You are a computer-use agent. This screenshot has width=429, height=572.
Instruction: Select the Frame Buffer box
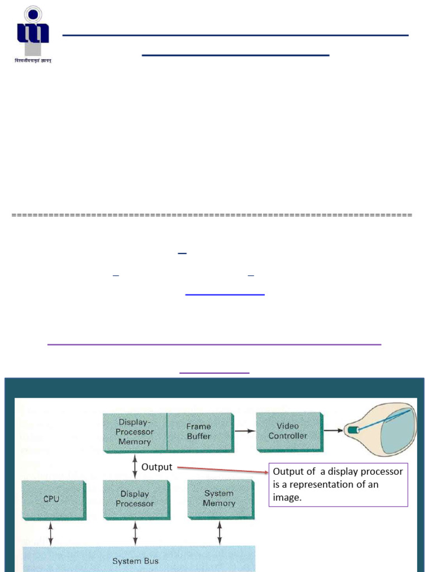pos(199,431)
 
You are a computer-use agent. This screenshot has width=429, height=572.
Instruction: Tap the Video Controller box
pos(288,431)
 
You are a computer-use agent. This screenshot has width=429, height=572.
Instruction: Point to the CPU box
pos(51,499)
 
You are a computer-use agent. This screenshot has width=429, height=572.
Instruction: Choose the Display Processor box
pos(135,499)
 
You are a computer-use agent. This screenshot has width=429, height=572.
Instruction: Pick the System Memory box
pos(219,498)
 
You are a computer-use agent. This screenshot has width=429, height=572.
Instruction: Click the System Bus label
pos(135,560)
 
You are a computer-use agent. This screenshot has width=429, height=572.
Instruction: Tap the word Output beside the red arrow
pos(156,467)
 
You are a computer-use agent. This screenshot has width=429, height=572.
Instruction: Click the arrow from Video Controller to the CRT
pos(334,431)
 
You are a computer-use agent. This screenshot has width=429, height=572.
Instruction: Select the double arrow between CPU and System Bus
pos(51,533)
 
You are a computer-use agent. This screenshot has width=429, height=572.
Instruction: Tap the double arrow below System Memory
pos(219,532)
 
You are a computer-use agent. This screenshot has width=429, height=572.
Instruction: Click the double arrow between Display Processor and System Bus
pos(135,533)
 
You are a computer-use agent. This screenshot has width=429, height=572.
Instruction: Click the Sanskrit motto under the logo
pos(32,61)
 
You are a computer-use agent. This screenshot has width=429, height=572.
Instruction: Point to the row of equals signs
pos(212,215)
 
